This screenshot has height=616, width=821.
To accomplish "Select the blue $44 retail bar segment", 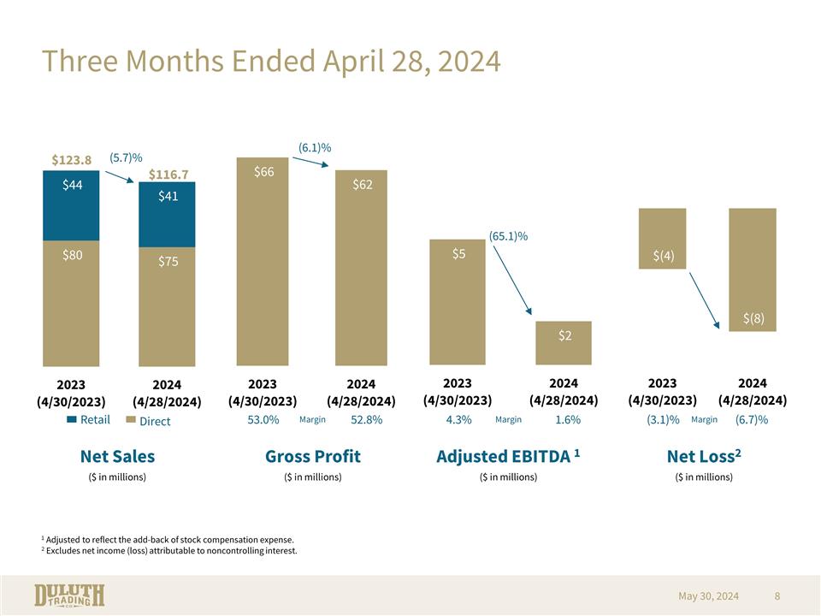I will [71, 205].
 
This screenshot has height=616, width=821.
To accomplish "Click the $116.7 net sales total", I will [168, 175].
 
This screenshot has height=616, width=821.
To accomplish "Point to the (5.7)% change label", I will [126, 157].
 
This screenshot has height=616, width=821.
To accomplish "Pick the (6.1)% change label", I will [315, 147].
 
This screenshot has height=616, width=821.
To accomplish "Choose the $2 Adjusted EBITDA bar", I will [564, 342].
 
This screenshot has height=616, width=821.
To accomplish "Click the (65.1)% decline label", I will [508, 235].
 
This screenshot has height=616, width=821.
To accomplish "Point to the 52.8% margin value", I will [366, 420].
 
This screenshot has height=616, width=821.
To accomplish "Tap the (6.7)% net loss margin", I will [751, 420].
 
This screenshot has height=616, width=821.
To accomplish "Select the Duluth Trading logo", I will [69, 595].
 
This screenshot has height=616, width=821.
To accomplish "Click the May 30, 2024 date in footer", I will [708, 595].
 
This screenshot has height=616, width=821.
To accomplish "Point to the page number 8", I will [777, 595].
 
